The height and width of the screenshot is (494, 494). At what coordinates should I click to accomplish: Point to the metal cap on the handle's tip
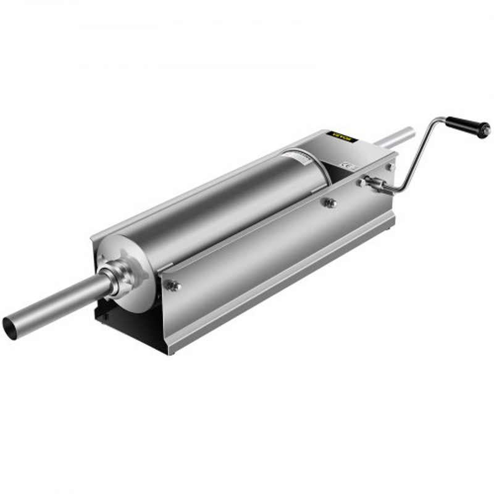click(x=487, y=130)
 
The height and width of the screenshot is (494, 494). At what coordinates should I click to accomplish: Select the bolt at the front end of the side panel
click(x=175, y=285)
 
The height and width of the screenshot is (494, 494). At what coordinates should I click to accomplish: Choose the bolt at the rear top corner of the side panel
click(x=389, y=167)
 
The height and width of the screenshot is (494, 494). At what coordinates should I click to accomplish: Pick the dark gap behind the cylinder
click(x=337, y=164)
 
